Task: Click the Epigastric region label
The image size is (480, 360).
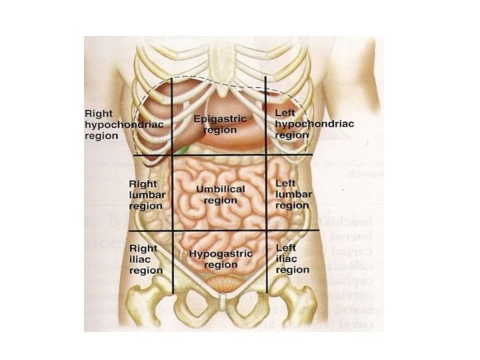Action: point(219,124)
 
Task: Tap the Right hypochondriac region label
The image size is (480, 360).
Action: point(125,124)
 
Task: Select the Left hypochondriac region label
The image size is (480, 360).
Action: point(314,124)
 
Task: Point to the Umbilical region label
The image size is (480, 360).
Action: point(221,195)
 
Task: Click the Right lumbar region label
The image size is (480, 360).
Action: point(145,194)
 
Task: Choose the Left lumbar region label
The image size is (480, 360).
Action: point(292,194)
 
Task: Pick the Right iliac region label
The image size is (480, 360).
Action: point(145,259)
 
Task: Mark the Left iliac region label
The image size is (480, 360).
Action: point(292,259)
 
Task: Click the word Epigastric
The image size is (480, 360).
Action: point(219,119)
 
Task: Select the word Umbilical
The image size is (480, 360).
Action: point(221,189)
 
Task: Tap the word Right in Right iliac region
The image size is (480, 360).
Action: point(143,249)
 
